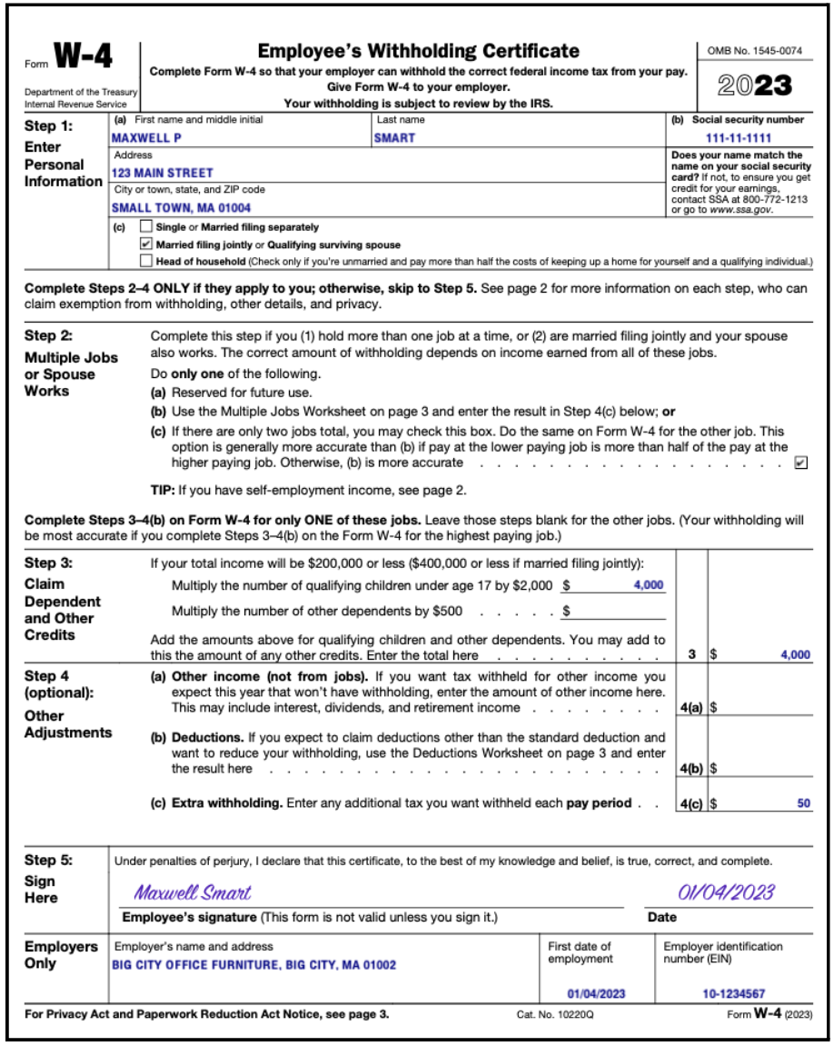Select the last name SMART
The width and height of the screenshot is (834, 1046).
coord(394,138)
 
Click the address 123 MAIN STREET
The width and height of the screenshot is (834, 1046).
coord(163,173)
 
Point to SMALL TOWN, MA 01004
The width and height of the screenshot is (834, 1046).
coord(181,207)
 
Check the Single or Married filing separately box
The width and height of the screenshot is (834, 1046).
coord(146,227)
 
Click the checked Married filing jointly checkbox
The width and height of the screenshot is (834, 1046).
coord(146,244)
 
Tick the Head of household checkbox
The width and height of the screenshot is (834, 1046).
coord(146,262)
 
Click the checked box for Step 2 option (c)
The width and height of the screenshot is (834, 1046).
coord(800,463)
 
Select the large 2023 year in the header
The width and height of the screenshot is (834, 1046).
coord(754,85)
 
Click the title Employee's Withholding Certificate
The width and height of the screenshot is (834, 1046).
coord(419,51)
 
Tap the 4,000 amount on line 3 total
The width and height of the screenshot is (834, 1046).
coord(795,655)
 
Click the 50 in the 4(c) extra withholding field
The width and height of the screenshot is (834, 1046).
coord(804,803)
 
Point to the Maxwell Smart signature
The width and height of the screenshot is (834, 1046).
coord(193,892)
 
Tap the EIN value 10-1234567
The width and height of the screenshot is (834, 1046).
coord(733,993)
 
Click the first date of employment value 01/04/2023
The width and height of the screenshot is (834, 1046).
coord(597,993)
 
